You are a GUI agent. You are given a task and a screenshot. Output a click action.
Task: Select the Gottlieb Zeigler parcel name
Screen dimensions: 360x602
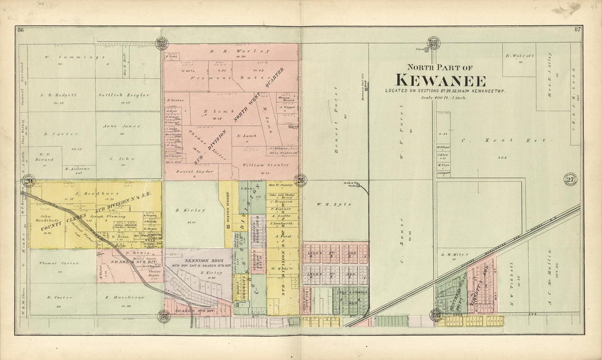pos(124,95)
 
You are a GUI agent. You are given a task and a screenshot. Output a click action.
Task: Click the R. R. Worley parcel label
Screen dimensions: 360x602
pos(232,51)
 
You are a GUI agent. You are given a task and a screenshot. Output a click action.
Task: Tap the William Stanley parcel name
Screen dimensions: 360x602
pos(253,164)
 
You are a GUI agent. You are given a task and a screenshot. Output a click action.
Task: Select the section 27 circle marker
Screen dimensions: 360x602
pos(570,179)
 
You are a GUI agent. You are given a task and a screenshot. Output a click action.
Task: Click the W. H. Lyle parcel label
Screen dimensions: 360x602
pos(327,204)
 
